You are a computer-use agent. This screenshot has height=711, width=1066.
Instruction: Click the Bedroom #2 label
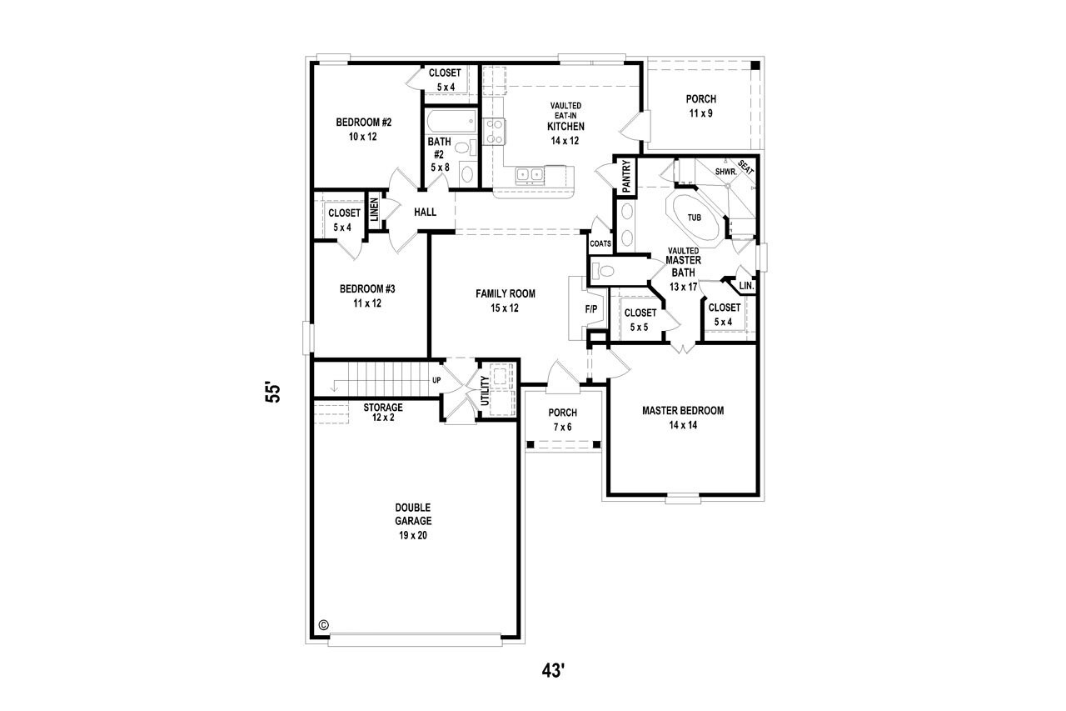[363, 123]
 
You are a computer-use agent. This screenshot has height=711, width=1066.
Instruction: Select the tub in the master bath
[693, 218]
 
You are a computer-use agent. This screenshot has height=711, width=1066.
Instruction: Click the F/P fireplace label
[591, 309]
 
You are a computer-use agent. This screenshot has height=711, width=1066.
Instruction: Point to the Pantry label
[625, 177]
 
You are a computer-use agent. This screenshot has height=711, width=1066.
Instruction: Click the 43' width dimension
[552, 670]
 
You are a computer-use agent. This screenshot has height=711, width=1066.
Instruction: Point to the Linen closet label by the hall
[375, 212]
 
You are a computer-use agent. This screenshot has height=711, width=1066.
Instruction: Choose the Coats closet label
[600, 243]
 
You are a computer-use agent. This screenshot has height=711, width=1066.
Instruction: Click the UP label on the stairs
[436, 381]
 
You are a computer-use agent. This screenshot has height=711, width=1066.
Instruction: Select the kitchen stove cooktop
[494, 132]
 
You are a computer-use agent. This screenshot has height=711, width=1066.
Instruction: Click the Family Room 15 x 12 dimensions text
[505, 308]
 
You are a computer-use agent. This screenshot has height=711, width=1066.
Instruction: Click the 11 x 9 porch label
[700, 113]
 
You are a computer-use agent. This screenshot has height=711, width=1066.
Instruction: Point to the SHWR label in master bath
[725, 172]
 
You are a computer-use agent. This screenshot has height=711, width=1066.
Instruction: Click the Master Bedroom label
[682, 410]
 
